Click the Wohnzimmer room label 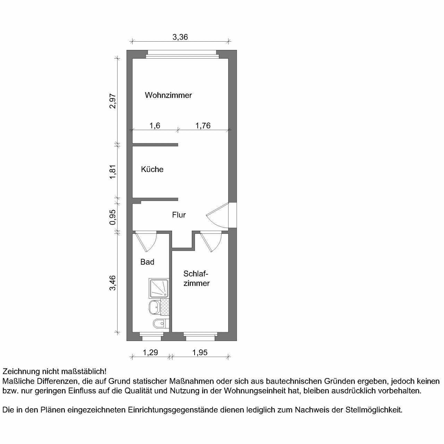(168, 95)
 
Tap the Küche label (152, 169)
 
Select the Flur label (179, 215)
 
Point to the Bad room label (147, 262)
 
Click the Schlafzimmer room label (196, 278)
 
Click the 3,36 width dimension (180, 37)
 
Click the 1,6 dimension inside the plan (154, 126)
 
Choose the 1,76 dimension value (203, 126)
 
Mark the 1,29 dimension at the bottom (151, 352)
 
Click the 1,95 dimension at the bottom (200, 352)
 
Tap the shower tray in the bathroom (159, 288)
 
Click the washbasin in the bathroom (154, 307)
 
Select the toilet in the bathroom (159, 323)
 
